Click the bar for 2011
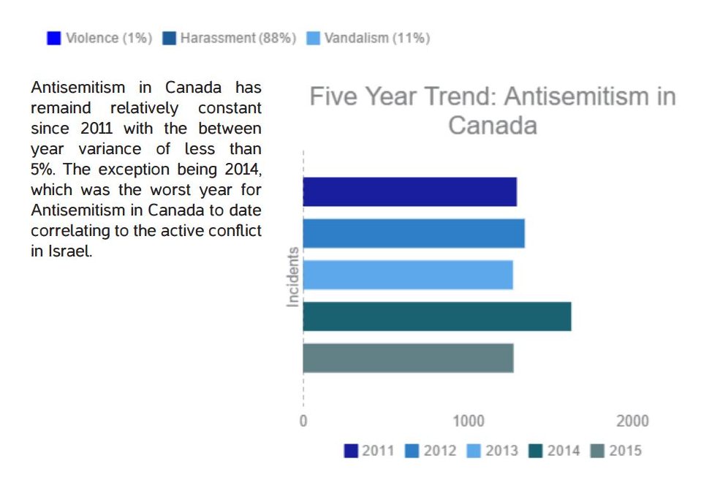pyautogui.click(x=409, y=191)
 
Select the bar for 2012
pyautogui.click(x=413, y=233)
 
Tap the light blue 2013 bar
pyautogui.click(x=407, y=275)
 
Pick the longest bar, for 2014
pyautogui.click(x=436, y=316)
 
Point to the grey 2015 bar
pyautogui.click(x=408, y=358)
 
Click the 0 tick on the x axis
pyautogui.click(x=303, y=422)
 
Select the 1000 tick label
pyautogui.click(x=468, y=422)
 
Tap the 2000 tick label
pyautogui.click(x=632, y=422)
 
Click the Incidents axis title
pyautogui.click(x=293, y=277)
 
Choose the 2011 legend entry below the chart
pyautogui.click(x=369, y=451)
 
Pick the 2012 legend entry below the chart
pyautogui.click(x=431, y=451)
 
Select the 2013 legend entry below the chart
pyautogui.click(x=493, y=451)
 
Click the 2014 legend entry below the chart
pyautogui.click(x=555, y=451)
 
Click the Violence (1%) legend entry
pyautogui.click(x=100, y=39)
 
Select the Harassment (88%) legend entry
pyautogui.click(x=230, y=39)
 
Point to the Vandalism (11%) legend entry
pyautogui.click(x=368, y=39)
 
